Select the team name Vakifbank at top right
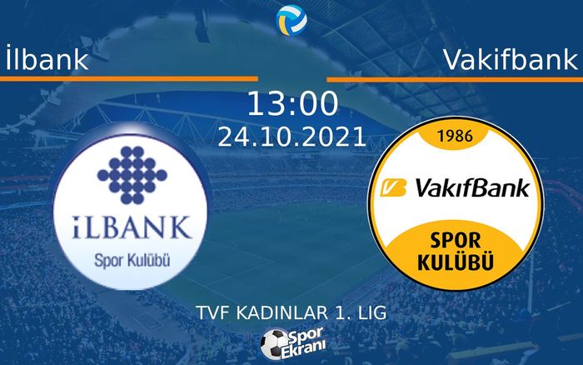click(510, 59)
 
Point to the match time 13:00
click(292, 105)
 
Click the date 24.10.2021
click(291, 136)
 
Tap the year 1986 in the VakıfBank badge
click(461, 134)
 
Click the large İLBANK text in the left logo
click(127, 227)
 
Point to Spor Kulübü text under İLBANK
click(127, 259)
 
